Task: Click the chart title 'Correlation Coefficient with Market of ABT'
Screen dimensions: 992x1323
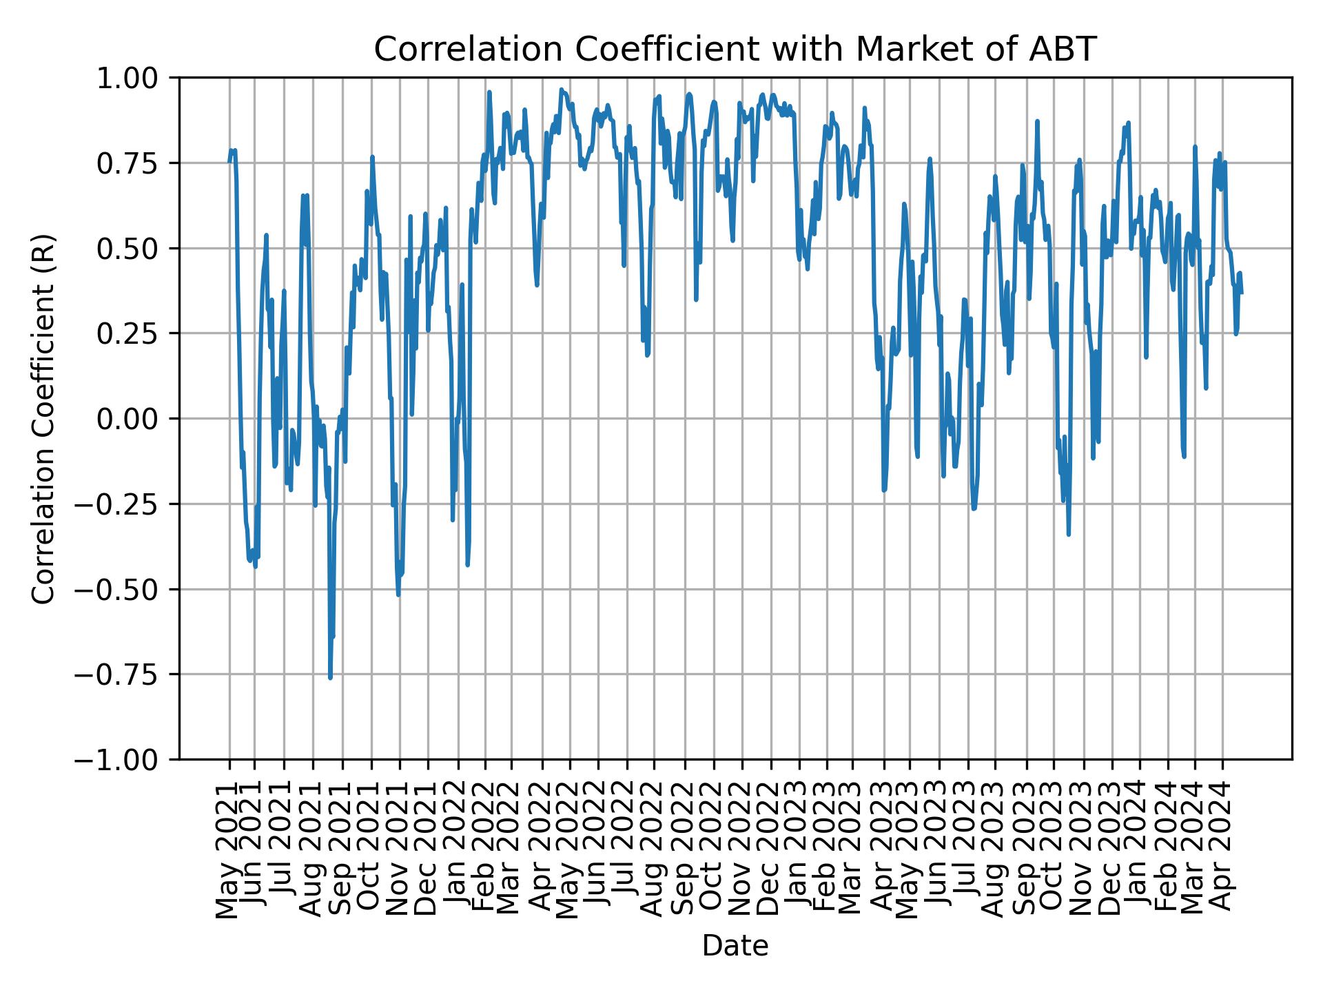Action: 735,50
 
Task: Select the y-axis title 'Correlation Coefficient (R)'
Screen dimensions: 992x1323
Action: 43,419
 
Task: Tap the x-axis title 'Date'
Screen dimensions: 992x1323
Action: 735,946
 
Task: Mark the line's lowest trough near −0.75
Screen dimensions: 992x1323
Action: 331,678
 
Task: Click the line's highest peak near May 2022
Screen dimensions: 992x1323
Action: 562,90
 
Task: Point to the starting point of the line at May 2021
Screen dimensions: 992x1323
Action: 229,162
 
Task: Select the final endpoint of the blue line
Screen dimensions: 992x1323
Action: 1242,293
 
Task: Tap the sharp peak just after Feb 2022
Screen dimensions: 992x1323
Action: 489,92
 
